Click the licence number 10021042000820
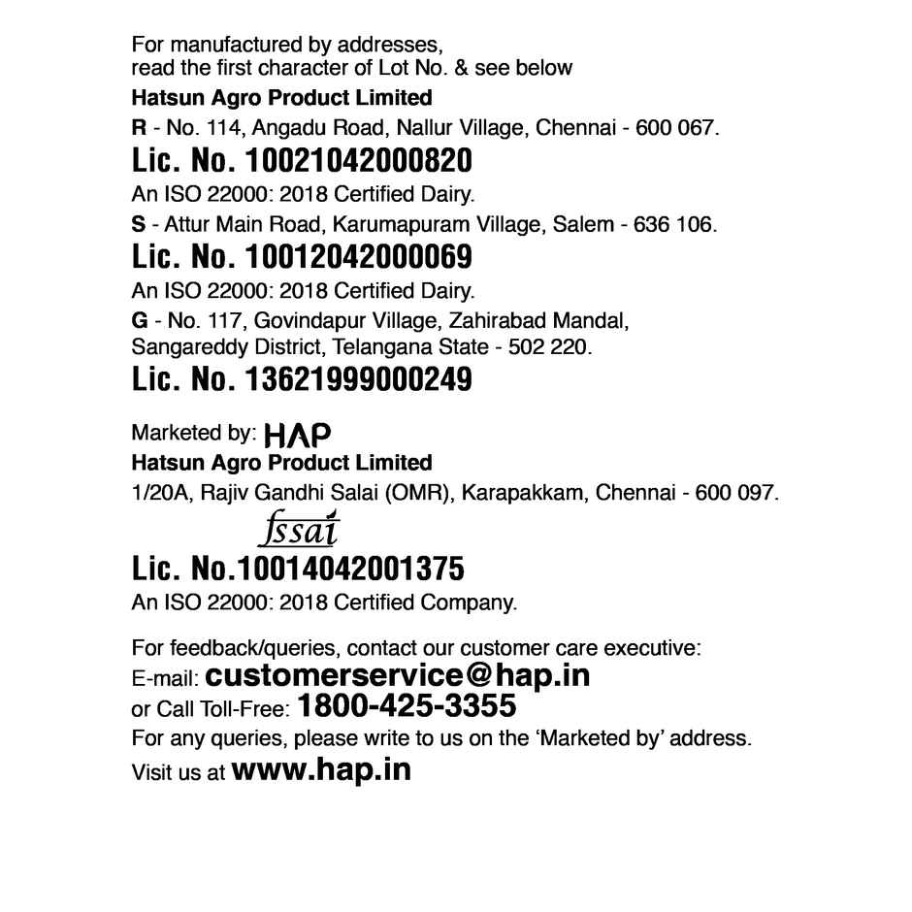coord(360,160)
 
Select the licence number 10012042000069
coord(360,258)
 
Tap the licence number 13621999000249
coord(360,380)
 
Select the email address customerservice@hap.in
coord(398,674)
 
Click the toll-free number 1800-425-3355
coord(407,704)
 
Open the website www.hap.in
coord(321,770)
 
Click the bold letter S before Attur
coord(138,225)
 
